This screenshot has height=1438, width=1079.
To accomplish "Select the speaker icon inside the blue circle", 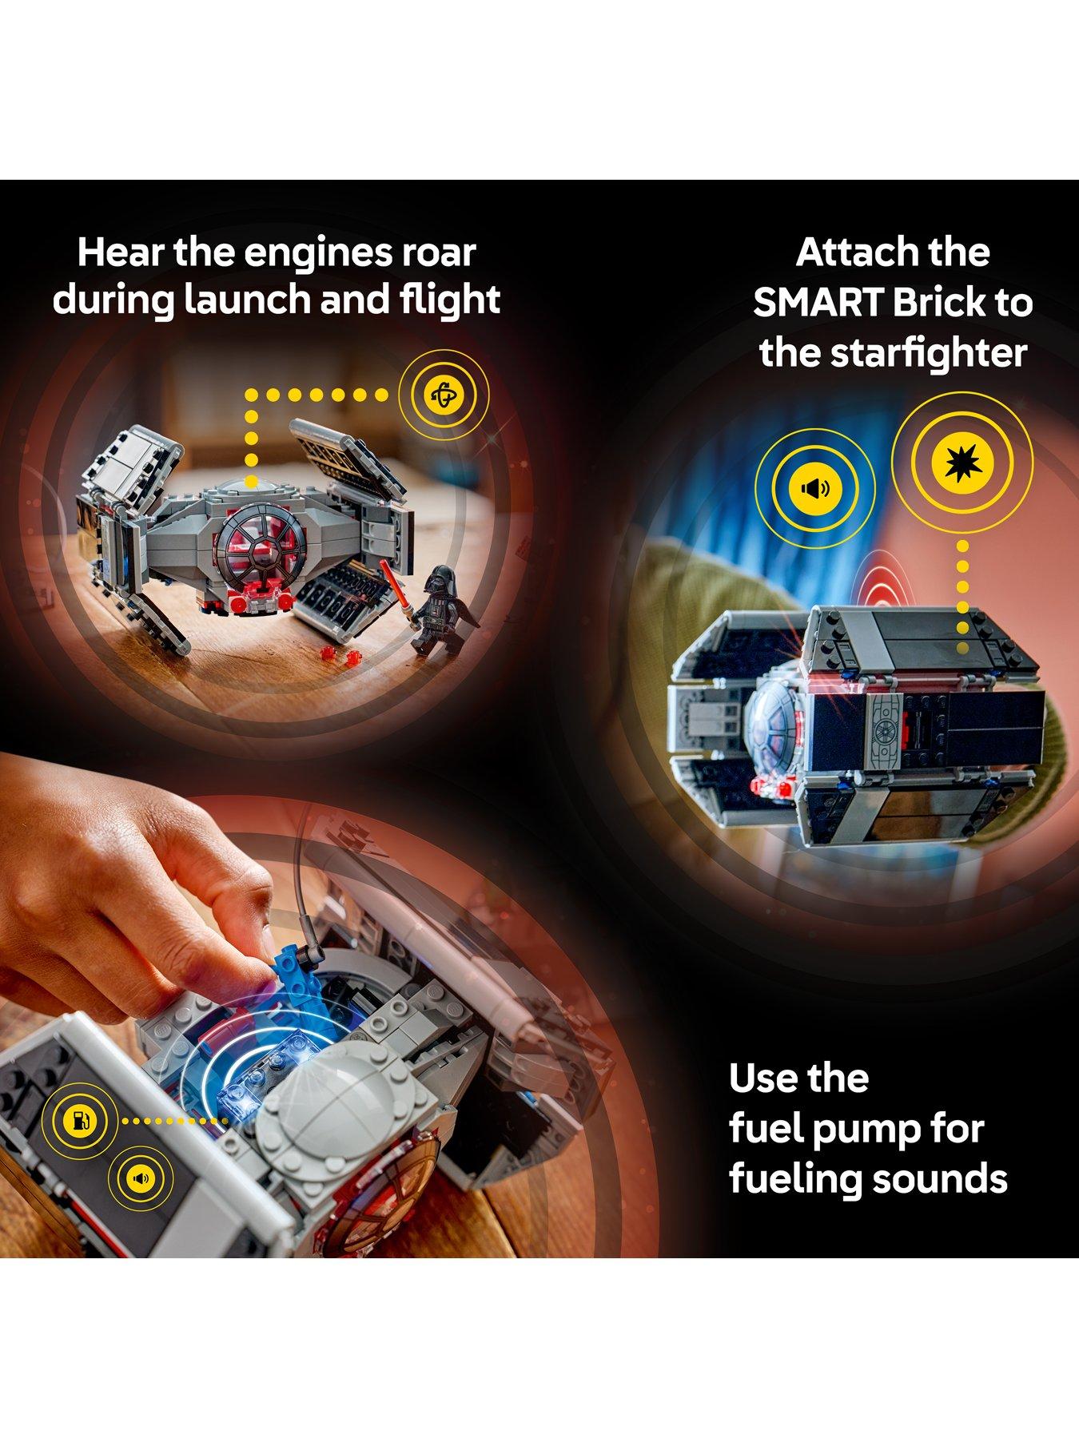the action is point(815,487).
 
